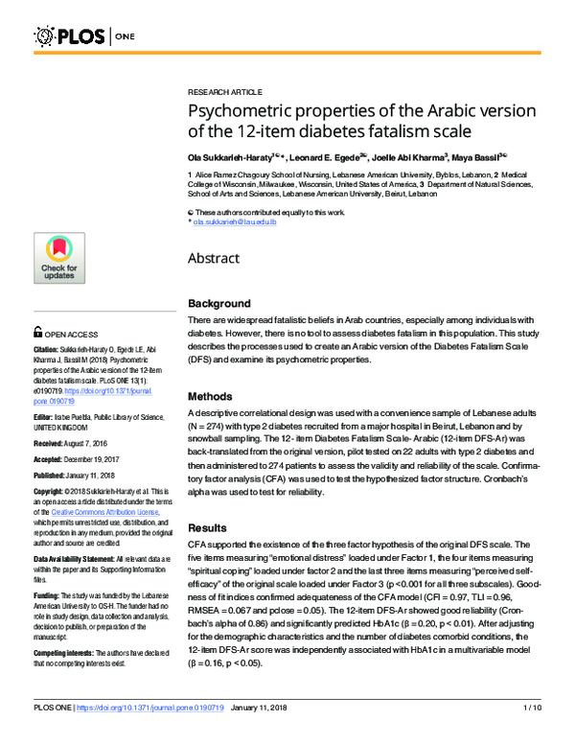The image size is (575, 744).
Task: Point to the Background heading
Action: point(218,302)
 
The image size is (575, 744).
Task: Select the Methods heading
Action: point(210,395)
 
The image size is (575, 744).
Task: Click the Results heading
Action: point(208,527)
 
